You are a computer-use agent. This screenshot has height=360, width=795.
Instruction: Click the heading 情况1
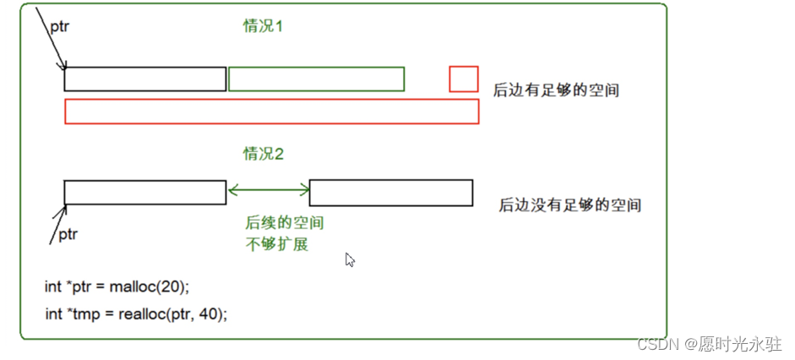(x=263, y=26)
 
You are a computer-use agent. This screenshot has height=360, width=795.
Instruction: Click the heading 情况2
(x=263, y=154)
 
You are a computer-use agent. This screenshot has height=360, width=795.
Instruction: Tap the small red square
(x=464, y=79)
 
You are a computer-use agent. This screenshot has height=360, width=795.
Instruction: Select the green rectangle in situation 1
(x=316, y=79)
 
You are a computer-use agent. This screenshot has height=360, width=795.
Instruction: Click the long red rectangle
(x=271, y=112)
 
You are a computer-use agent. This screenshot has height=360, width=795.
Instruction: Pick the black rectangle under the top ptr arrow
(x=145, y=79)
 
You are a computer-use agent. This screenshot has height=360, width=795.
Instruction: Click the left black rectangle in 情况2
(x=145, y=193)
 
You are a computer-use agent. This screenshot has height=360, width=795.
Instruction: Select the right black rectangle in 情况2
(x=390, y=193)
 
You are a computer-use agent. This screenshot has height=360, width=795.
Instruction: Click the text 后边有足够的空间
(x=556, y=90)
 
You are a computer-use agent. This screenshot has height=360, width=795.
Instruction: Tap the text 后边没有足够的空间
(x=569, y=205)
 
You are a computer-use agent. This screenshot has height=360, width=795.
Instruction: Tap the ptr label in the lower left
(x=67, y=234)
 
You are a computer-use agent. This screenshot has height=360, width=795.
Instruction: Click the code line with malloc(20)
(x=117, y=286)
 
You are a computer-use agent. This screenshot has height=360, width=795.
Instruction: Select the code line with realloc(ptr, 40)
(x=136, y=314)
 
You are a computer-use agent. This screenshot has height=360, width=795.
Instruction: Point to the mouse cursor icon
(x=350, y=259)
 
